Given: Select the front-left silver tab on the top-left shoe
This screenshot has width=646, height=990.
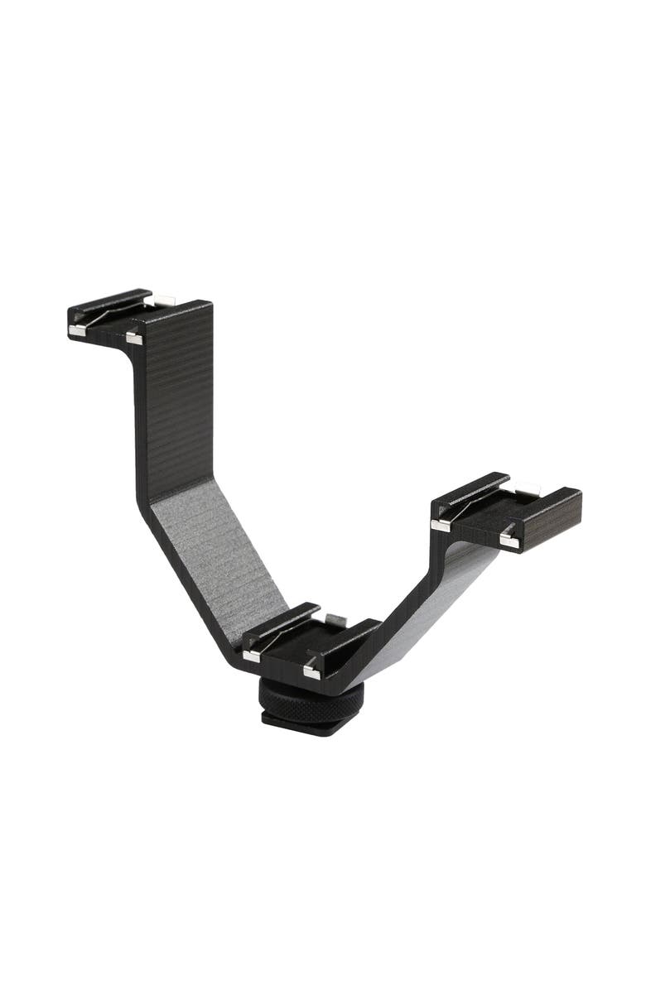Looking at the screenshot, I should point(76,330).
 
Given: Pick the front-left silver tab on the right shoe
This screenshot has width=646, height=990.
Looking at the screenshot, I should point(441,524).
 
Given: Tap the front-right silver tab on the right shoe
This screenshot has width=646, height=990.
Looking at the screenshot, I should point(507,540).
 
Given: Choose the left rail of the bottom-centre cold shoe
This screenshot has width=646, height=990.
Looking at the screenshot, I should point(282,620).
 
